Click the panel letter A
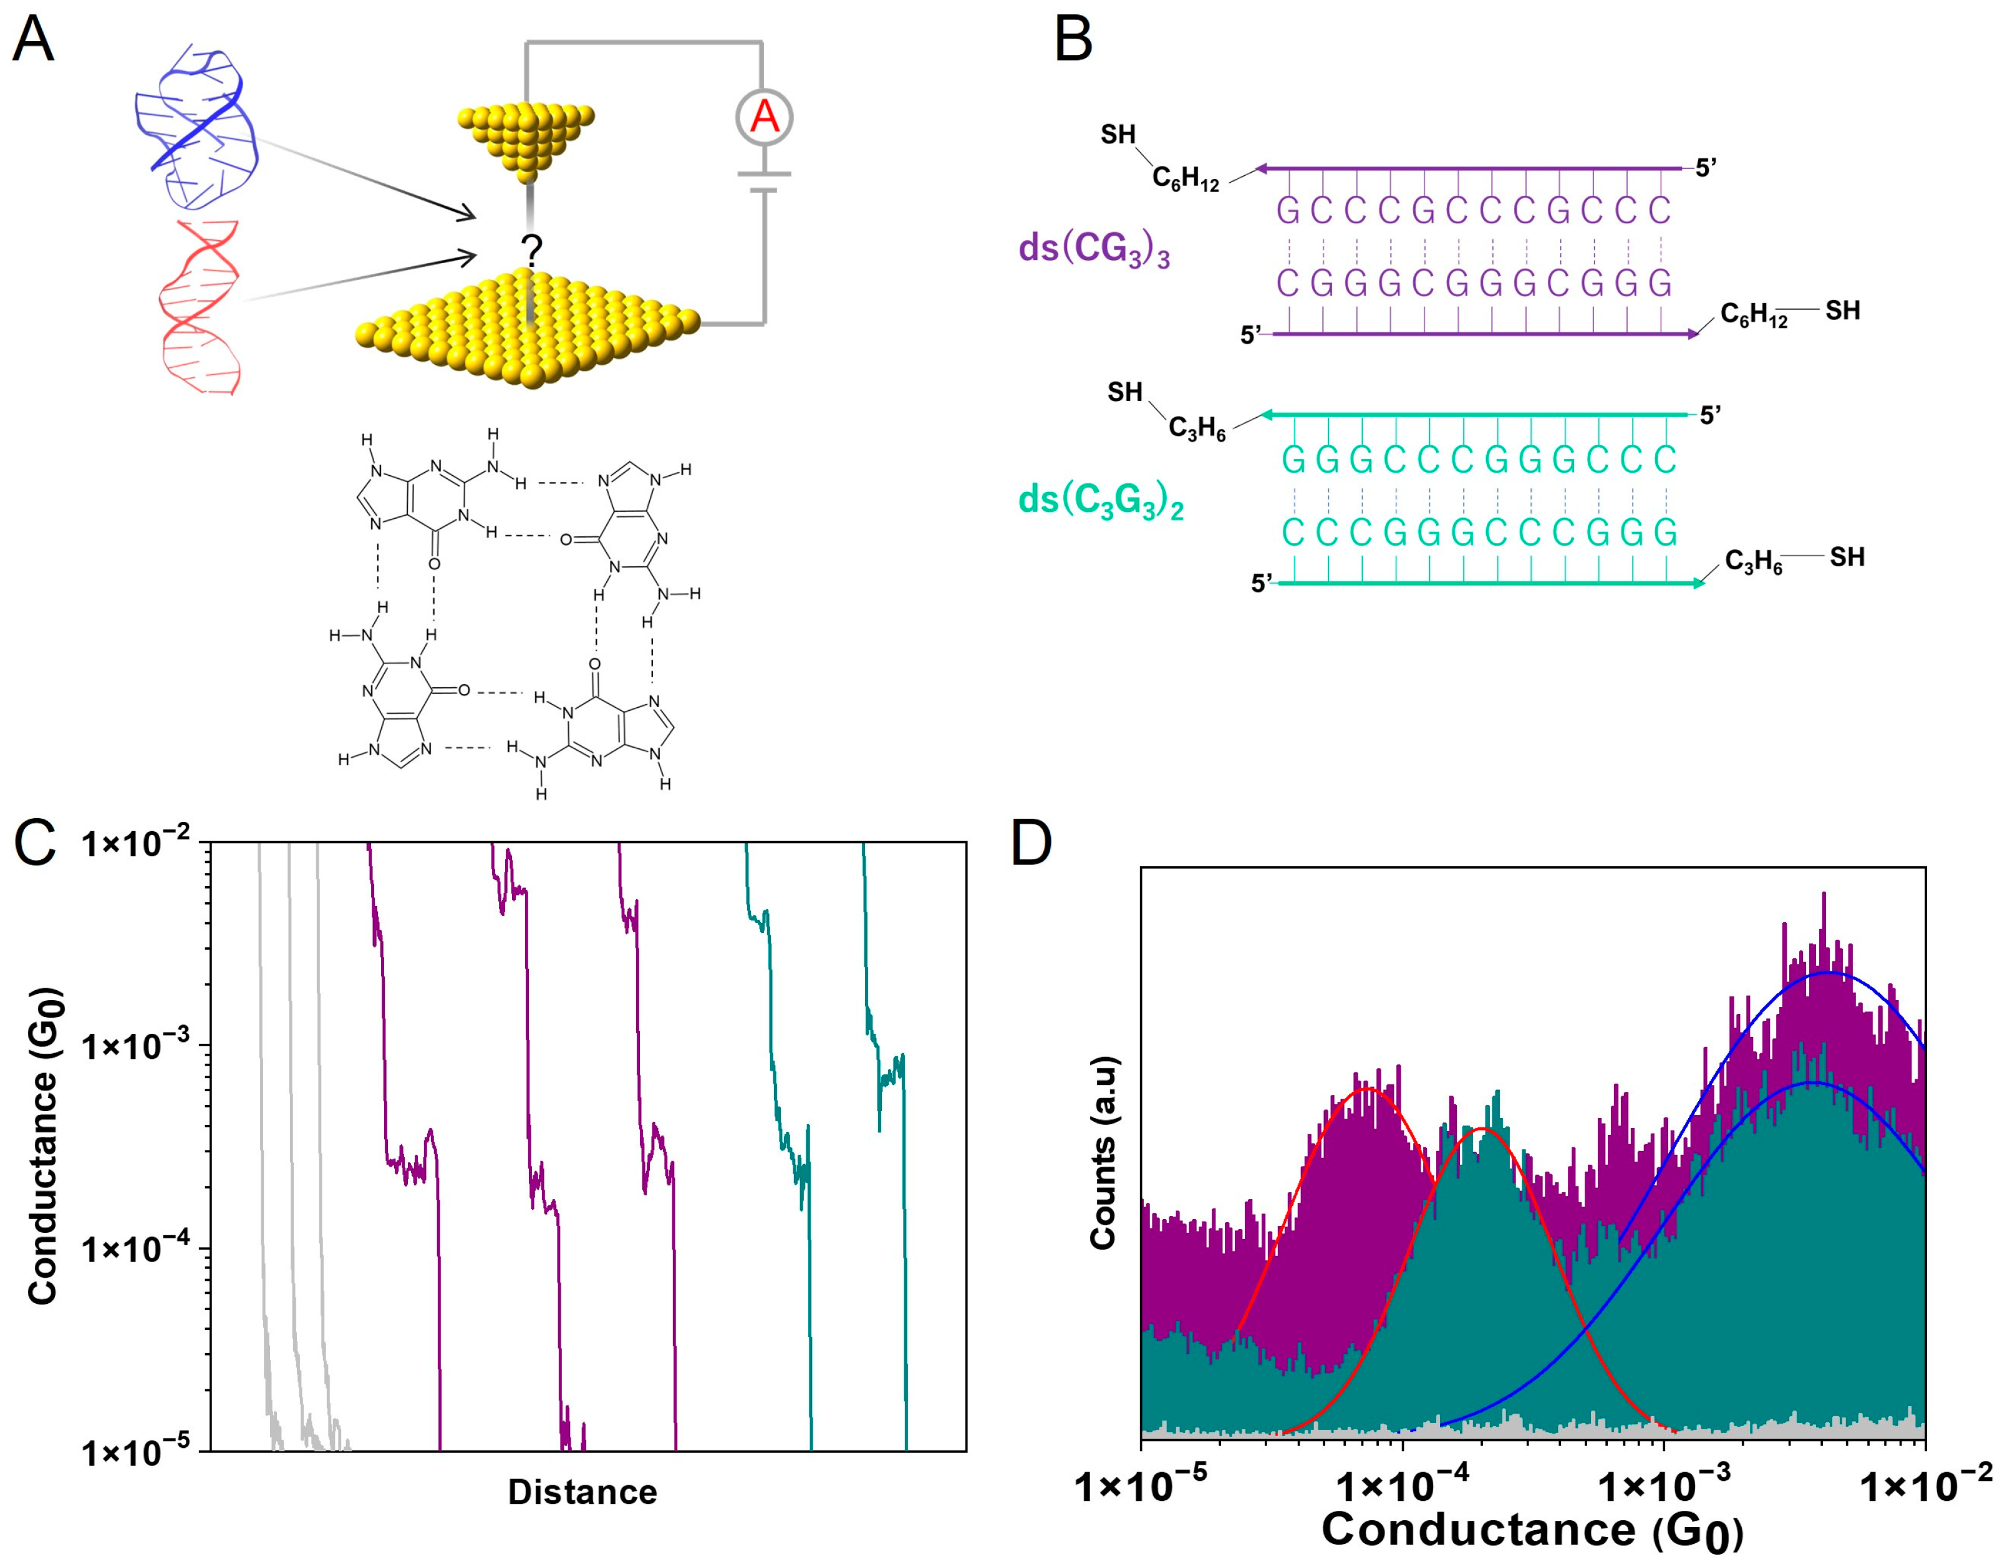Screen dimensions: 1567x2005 click(33, 41)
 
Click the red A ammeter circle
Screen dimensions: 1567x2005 click(764, 117)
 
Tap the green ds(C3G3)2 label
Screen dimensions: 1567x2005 click(1100, 501)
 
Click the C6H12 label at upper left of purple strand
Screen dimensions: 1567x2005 click(1185, 178)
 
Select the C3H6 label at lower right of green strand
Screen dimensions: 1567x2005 click(1754, 562)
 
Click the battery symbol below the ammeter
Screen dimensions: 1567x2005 click(764, 181)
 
